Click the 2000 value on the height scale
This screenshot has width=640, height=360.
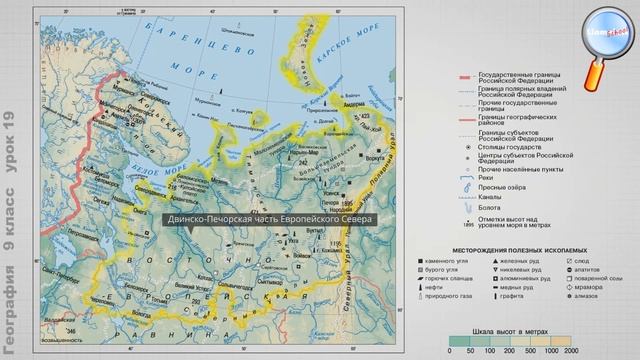571,350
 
